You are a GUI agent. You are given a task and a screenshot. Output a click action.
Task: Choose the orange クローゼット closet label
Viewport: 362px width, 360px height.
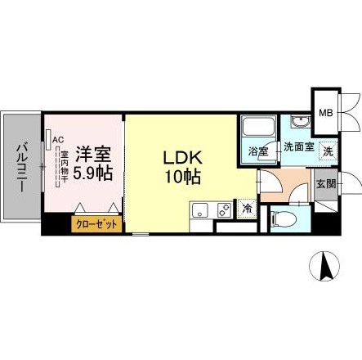(x=96, y=223)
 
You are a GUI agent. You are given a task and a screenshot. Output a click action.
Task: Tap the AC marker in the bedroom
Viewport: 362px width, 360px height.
(x=57, y=140)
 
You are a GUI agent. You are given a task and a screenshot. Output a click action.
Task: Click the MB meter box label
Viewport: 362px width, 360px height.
(x=324, y=113)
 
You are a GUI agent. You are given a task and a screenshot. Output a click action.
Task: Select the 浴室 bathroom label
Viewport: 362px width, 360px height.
(x=260, y=151)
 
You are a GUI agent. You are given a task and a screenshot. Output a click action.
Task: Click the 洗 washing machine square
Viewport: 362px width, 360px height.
(x=328, y=151)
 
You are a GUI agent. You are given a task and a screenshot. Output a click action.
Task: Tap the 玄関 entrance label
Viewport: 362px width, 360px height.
(x=325, y=184)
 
